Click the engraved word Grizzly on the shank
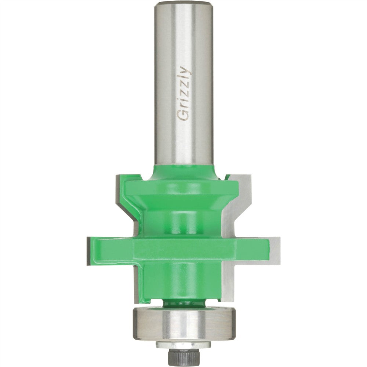point(184,93)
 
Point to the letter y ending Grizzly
point(186,70)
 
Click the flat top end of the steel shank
point(183,3)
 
